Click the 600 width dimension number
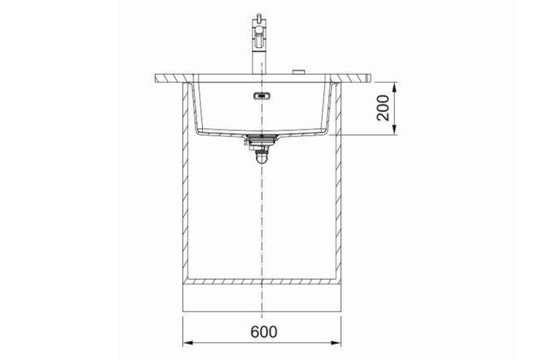point(264,332)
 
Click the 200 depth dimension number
point(383,108)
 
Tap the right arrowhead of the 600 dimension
point(336,342)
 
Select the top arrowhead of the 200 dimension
point(395,87)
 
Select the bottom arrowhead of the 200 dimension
point(395,131)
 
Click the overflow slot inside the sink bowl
point(261,96)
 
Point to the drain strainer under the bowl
point(261,139)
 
